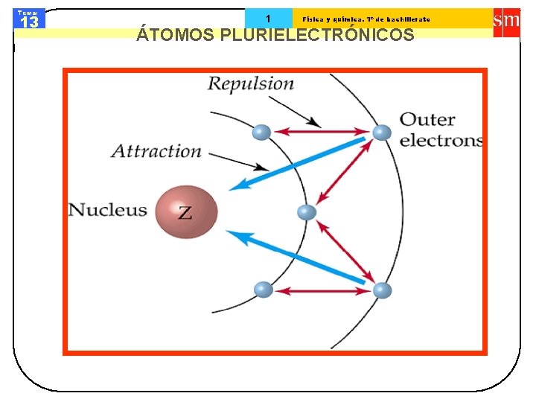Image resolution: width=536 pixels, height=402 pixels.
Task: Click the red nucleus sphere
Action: (186, 211)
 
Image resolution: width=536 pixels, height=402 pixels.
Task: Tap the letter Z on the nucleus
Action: (184, 213)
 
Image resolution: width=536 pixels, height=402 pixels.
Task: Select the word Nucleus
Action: (108, 209)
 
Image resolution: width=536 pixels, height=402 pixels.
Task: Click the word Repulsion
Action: (251, 83)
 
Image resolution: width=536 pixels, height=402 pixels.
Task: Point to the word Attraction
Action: (156, 151)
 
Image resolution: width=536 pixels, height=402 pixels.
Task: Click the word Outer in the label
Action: (427, 119)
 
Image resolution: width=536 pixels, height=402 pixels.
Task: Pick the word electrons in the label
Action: (441, 140)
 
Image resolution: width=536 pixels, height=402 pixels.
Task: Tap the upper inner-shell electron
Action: (261, 133)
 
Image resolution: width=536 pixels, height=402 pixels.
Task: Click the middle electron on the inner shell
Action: (307, 213)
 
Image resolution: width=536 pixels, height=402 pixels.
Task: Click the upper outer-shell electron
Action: (382, 133)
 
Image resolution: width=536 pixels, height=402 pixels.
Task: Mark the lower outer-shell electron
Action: (382, 290)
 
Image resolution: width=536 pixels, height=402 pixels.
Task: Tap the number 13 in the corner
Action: (30, 22)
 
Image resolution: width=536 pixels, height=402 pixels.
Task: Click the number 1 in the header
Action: (268, 19)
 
